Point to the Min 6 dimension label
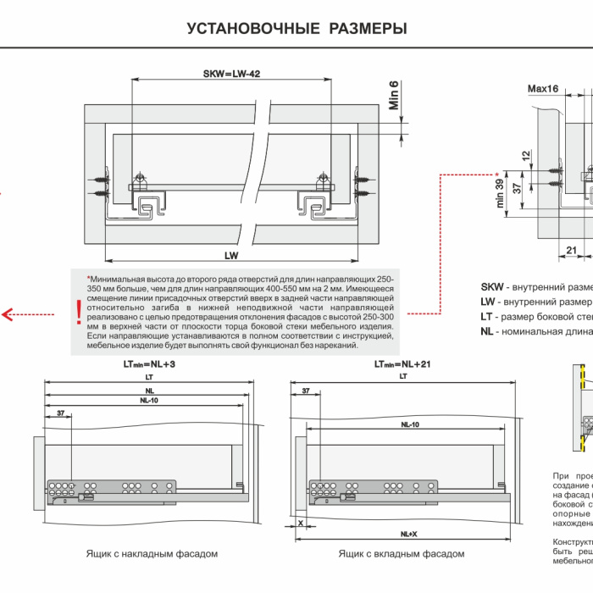point(394,95)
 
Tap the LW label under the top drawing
point(231,253)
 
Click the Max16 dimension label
point(542,88)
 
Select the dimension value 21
point(571,249)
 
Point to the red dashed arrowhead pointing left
point(8,314)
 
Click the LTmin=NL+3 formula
point(148,363)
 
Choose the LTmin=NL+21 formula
point(402,363)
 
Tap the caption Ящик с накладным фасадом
point(152,554)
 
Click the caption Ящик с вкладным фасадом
point(401,554)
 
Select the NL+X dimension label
point(409,535)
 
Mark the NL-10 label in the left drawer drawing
point(148,400)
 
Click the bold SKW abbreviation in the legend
point(492,286)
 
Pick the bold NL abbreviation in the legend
point(486,330)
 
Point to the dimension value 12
point(526,156)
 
